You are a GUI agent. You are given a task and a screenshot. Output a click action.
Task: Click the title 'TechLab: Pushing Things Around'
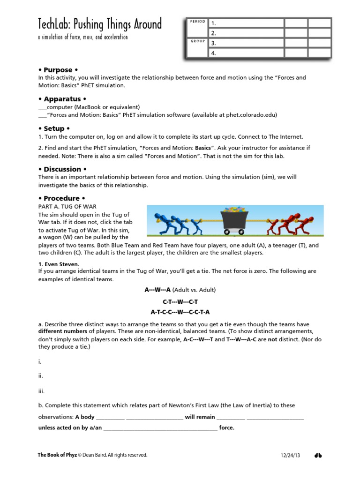point(99,24)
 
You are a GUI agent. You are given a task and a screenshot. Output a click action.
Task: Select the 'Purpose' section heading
point(58,70)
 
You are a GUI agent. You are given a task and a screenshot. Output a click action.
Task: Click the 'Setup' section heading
point(54,128)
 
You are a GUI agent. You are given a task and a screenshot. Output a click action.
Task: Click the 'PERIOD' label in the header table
point(197,22)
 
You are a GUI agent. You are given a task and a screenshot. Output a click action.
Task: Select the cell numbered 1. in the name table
point(246,23)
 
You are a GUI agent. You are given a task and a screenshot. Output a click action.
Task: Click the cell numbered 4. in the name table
point(246,53)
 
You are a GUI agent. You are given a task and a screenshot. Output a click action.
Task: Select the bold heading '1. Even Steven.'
point(59,264)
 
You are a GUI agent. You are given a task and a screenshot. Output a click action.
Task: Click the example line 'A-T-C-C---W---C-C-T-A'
point(180,312)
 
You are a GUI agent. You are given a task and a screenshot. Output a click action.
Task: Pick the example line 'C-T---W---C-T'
point(180,301)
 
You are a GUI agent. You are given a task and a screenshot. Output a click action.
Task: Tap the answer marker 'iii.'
point(41,391)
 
